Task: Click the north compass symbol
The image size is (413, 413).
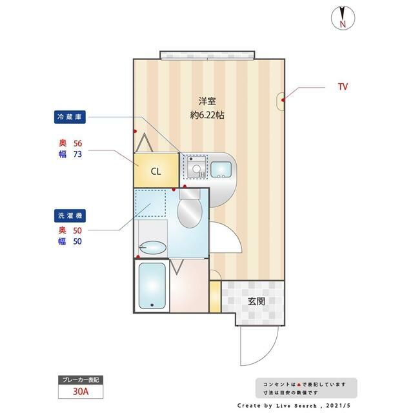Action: pyautogui.click(x=343, y=18)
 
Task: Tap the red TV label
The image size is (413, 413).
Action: pyautogui.click(x=343, y=86)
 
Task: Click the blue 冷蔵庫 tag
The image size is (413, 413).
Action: pyautogui.click(x=70, y=117)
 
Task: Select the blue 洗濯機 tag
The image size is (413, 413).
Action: pyautogui.click(x=70, y=216)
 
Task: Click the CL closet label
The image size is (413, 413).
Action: pyautogui.click(x=156, y=172)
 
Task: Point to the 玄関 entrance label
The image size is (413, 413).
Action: pyautogui.click(x=256, y=301)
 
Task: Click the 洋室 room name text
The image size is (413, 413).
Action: pyautogui.click(x=207, y=101)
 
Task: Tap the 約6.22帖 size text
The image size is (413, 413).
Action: pyautogui.click(x=207, y=115)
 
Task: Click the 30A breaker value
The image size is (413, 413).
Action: pyautogui.click(x=81, y=392)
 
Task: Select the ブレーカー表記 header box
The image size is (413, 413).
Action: pyautogui.click(x=81, y=380)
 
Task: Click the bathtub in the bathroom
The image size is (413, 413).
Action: pyautogui.click(x=152, y=286)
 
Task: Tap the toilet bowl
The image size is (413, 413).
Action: pyautogui.click(x=190, y=213)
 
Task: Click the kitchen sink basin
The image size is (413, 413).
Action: pyautogui.click(x=221, y=169)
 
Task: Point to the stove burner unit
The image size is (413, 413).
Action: pyautogui.click(x=196, y=168)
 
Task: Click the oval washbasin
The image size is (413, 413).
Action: pyautogui.click(x=152, y=247)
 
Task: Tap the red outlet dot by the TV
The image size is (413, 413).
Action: pyautogui.click(x=283, y=100)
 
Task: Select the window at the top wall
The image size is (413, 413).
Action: pyautogui.click(x=208, y=55)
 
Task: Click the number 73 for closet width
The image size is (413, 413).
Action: pyautogui.click(x=77, y=154)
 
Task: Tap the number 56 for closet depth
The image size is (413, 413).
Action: pyautogui.click(x=77, y=143)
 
